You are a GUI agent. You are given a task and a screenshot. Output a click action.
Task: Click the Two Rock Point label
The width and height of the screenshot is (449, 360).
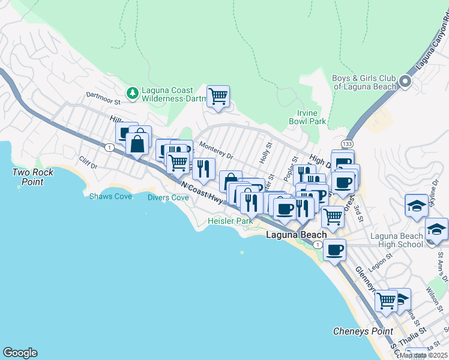point(33,176)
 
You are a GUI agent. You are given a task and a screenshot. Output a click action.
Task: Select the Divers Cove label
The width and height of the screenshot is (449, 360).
point(168,197)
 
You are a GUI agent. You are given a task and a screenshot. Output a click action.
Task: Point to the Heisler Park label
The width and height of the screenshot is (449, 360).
point(230,221)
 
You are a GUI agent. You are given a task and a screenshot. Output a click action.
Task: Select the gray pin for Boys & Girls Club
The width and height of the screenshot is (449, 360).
point(406,82)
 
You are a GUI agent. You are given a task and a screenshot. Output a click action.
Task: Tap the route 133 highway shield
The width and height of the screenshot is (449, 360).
point(347,144)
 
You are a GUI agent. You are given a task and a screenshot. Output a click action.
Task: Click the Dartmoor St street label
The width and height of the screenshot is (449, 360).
point(104,95)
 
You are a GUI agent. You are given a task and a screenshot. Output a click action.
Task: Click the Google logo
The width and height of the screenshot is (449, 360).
point(20,353)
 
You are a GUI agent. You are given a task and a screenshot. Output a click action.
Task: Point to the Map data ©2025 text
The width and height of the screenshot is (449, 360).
point(423,355)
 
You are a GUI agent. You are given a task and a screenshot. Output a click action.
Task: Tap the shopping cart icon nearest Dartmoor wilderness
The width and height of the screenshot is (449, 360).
point(218,96)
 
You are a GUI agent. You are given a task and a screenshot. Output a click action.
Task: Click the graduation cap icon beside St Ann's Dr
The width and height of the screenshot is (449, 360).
point(436,230)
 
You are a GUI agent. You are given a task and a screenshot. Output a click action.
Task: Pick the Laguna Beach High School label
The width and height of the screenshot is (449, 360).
point(396,240)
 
